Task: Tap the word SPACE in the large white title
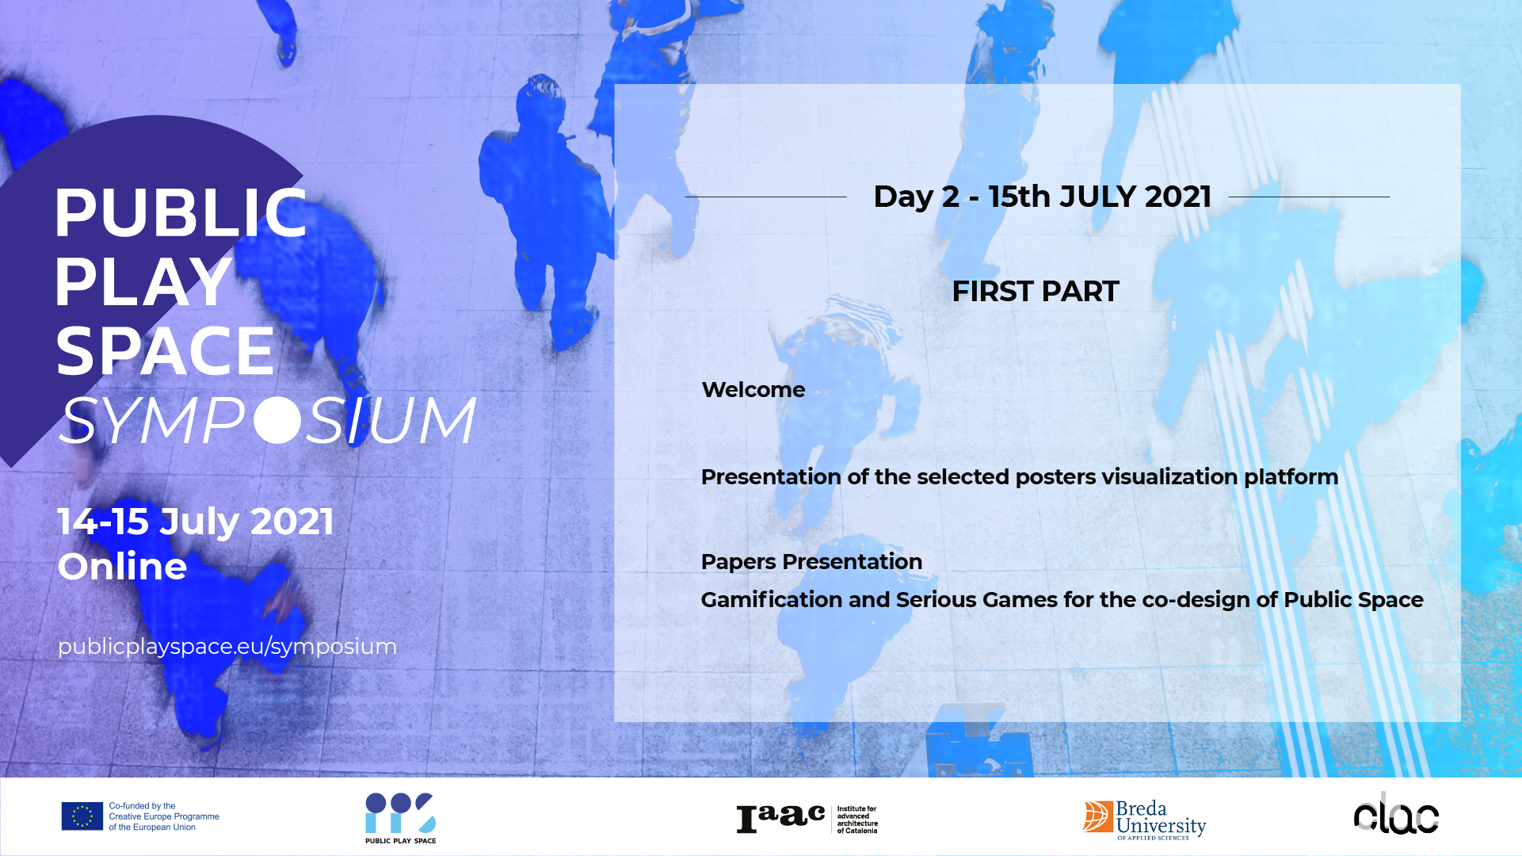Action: [x=165, y=351]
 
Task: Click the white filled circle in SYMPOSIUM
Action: [x=278, y=419]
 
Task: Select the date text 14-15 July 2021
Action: [x=196, y=522]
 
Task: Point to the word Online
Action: [x=122, y=566]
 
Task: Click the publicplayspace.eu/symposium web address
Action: [x=227, y=647]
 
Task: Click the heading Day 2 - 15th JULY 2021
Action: [x=1042, y=197]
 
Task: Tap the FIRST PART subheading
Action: [x=1036, y=292]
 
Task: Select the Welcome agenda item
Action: [x=753, y=390]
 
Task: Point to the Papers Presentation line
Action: [x=811, y=562]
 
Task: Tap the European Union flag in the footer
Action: [x=82, y=816]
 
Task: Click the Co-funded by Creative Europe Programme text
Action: [x=164, y=816]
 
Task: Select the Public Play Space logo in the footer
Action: [x=400, y=817]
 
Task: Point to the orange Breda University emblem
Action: [x=1098, y=816]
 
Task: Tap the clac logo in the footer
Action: [x=1396, y=814]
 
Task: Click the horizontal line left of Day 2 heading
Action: [x=765, y=197]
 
